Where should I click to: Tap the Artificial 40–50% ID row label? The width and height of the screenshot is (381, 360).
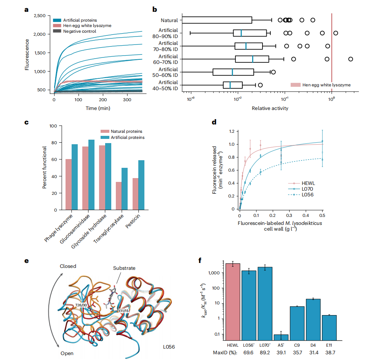[168, 85]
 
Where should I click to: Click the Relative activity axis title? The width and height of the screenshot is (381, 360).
[270, 108]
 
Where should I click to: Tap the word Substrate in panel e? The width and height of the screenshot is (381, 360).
[124, 268]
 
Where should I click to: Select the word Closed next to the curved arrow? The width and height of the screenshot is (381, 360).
[68, 266]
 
